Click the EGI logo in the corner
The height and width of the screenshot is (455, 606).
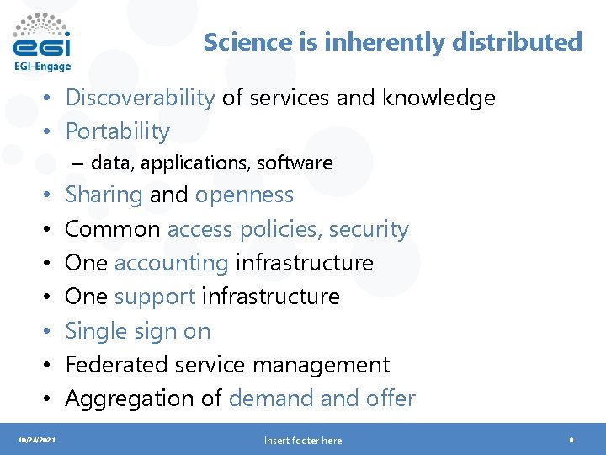point(42,35)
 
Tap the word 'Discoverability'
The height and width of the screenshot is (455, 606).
point(140,98)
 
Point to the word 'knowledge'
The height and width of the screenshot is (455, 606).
point(439,98)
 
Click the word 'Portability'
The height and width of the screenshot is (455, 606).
point(117,131)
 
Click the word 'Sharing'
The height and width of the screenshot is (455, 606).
point(104,195)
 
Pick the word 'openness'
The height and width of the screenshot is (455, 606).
point(244,195)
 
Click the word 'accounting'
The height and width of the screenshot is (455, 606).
point(171,263)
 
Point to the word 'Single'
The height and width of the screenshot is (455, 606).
point(93,331)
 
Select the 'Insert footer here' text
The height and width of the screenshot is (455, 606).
point(303,441)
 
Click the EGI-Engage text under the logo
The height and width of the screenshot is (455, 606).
point(42,67)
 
